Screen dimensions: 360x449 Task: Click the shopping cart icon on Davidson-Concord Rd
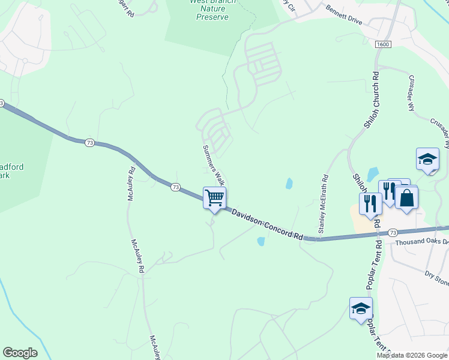click(215, 197)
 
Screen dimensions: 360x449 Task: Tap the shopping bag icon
click(406, 197)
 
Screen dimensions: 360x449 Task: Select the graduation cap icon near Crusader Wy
click(427, 160)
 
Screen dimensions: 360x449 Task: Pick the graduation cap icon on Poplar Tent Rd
click(361, 308)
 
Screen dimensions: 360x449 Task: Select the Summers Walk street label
click(213, 164)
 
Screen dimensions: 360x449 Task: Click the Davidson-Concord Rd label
click(267, 224)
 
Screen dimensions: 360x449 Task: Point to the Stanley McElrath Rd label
click(323, 204)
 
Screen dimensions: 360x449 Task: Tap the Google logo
click(20, 353)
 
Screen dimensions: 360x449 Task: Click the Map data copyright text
click(412, 355)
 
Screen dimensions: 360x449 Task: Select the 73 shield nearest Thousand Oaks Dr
click(393, 232)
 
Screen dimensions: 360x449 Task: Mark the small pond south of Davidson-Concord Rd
click(261, 241)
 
